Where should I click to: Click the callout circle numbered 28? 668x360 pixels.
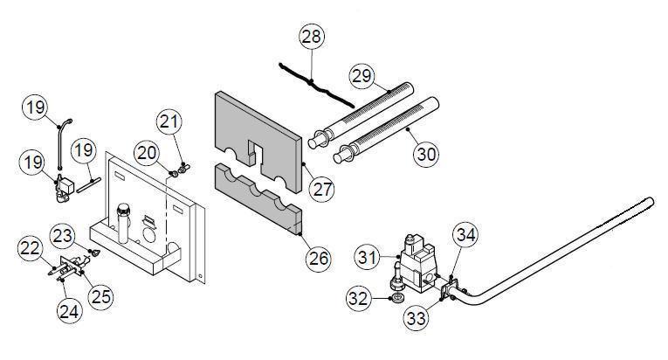click(x=311, y=37)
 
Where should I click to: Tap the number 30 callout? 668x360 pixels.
click(x=426, y=153)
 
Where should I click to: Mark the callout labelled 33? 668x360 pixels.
click(x=415, y=317)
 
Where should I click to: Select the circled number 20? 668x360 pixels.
click(x=147, y=153)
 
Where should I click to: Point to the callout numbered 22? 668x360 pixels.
click(x=31, y=249)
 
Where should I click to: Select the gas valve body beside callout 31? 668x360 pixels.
click(x=414, y=259)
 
